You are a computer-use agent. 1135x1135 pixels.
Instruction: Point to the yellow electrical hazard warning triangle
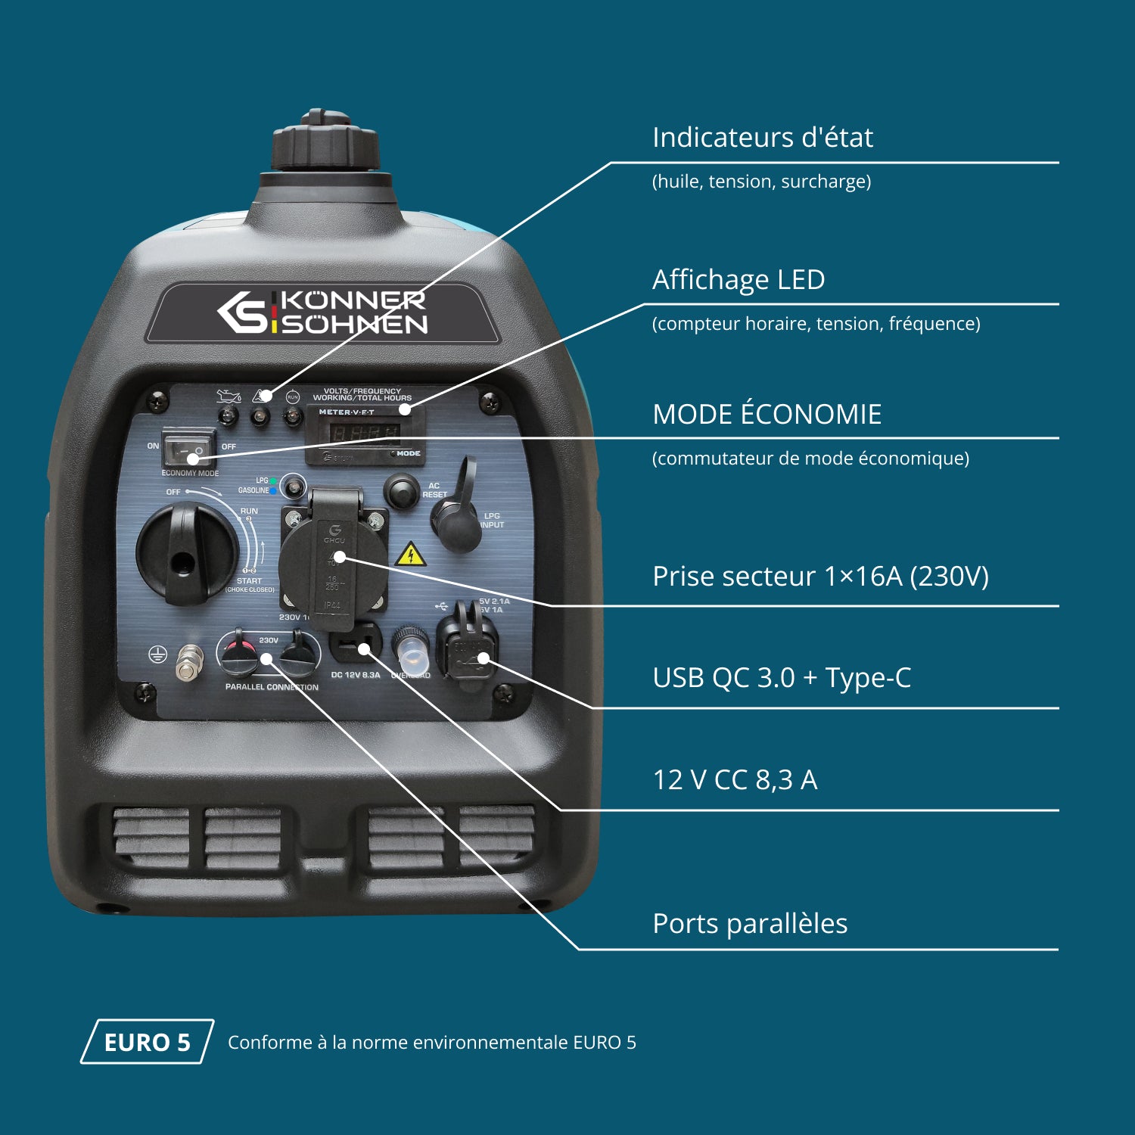[410, 555]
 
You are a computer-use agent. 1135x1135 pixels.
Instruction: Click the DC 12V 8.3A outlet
[354, 645]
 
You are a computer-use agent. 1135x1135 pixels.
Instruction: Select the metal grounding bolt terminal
[189, 663]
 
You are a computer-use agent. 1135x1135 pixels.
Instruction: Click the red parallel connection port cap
[241, 652]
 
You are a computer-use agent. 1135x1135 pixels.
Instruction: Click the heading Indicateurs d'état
[762, 138]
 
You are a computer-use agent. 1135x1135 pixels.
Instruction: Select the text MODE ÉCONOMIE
[767, 415]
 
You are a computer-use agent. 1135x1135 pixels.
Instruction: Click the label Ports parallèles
[749, 924]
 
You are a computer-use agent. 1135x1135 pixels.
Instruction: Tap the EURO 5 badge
[147, 1042]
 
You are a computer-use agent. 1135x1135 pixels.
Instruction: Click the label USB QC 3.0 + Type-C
[781, 678]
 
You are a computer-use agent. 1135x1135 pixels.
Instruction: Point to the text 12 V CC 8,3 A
[734, 780]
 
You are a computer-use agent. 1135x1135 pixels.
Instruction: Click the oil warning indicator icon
[228, 396]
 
